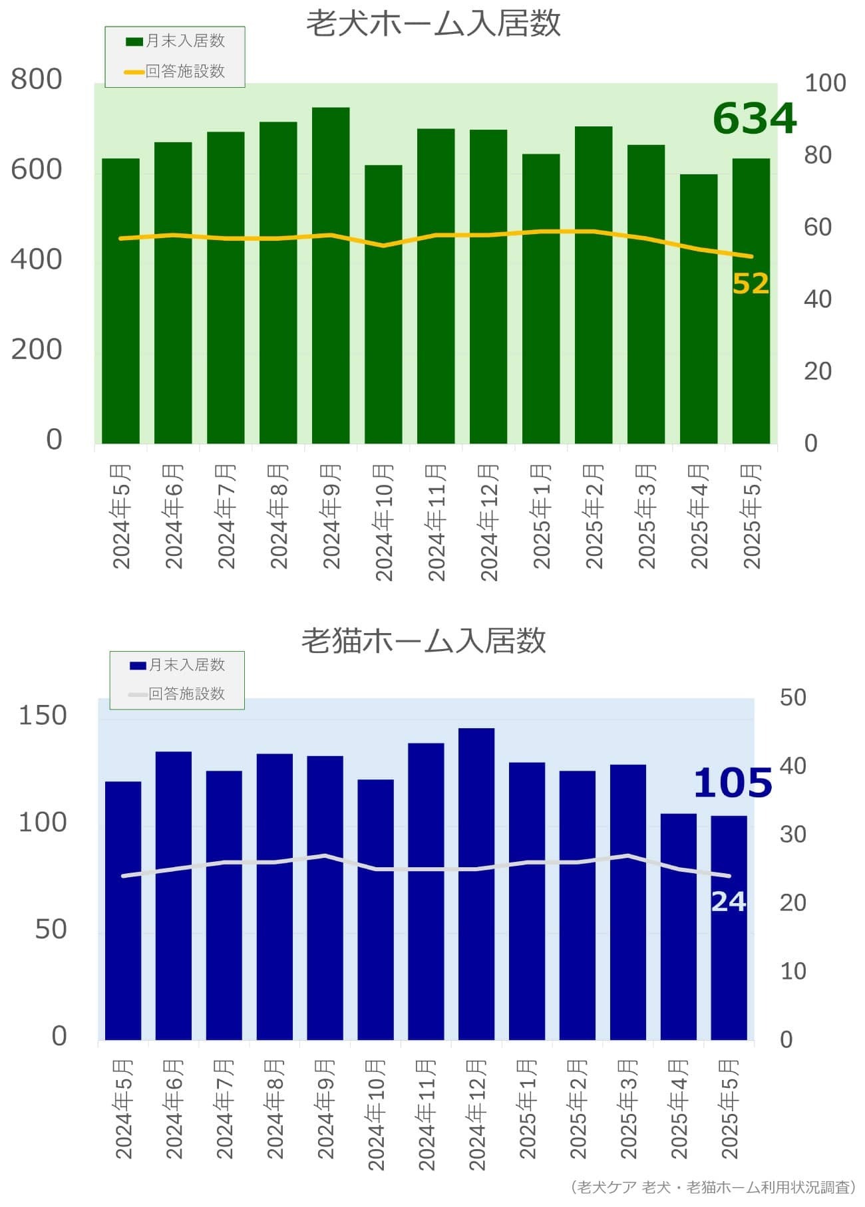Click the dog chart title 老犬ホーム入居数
pos(433,24)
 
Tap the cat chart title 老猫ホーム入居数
pos(424,640)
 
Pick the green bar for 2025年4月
pos(698,309)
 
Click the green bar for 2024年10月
pos(383,304)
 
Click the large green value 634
pos(754,118)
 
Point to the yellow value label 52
pos(751,284)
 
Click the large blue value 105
pos(732,783)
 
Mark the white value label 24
pos(728,902)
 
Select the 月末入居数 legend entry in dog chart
pos(176,41)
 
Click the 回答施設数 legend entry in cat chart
pos(178,694)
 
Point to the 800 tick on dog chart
pos(37,79)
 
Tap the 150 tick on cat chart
pos(43,716)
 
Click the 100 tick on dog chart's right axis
pos(825,83)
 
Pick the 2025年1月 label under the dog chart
pos(542,517)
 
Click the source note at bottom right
pos(713,1187)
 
